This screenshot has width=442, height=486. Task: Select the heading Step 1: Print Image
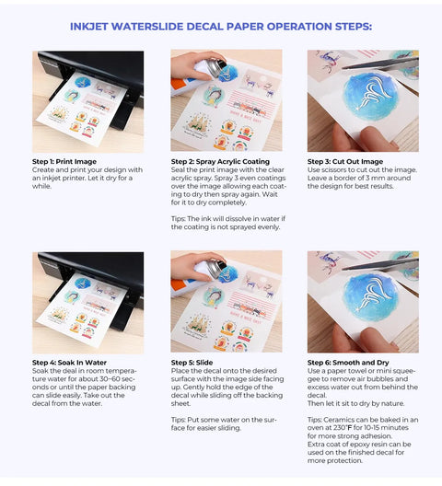pyautogui.click(x=64, y=161)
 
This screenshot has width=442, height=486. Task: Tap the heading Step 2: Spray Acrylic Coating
pyautogui.click(x=220, y=161)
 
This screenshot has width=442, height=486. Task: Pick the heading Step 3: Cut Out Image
pyautogui.click(x=345, y=161)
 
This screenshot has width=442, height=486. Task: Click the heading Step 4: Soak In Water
pyautogui.click(x=69, y=363)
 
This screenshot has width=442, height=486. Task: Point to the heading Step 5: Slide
pyautogui.click(x=192, y=363)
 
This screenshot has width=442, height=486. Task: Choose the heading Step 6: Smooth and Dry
pyautogui.click(x=348, y=363)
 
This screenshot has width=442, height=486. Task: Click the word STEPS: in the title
pyautogui.click(x=354, y=27)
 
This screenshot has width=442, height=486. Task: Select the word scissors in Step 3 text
pyautogui.click(x=331, y=170)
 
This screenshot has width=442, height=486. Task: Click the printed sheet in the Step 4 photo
pyautogui.click(x=82, y=307)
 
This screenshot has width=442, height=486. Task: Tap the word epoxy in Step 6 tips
pyautogui.click(x=356, y=445)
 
